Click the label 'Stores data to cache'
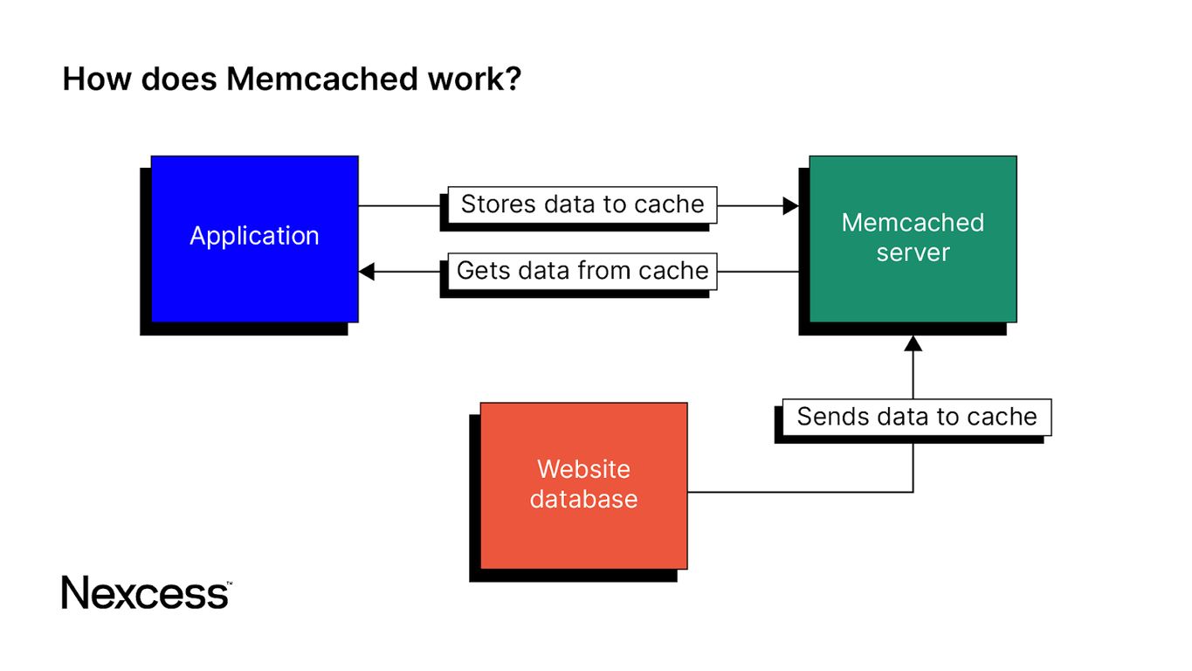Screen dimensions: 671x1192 pos(582,204)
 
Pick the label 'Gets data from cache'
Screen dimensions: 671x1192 pos(582,271)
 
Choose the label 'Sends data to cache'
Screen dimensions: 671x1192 pos(916,417)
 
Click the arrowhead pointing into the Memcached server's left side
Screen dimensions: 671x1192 pos(790,206)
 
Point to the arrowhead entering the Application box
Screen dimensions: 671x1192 pos(367,272)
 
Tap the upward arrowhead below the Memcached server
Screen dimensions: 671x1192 pos(913,343)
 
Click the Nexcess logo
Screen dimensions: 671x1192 pos(146,592)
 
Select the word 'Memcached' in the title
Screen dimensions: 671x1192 pos(322,80)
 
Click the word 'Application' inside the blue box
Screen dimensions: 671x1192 pos(254,236)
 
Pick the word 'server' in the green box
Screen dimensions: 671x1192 pos(913,252)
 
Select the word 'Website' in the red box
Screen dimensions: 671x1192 pos(583,469)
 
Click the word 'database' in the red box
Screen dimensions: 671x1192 pos(583,499)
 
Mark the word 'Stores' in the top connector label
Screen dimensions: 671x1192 pos(499,204)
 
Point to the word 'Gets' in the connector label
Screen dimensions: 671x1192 pos(483,271)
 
